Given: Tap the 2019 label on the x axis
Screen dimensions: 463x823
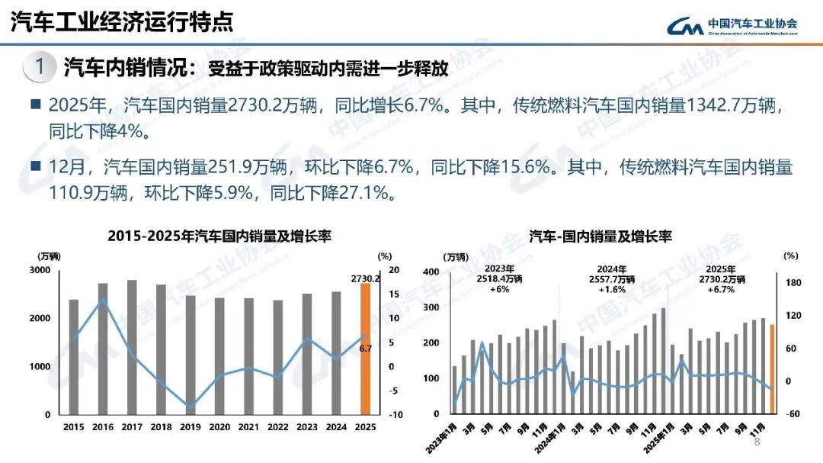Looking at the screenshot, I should coord(191,427).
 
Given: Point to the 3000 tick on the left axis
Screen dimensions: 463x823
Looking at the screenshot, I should coord(40,271).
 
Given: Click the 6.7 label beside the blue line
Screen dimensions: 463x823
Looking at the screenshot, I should coord(365,348).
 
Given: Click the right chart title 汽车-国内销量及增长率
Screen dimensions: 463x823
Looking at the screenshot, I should coord(600,236).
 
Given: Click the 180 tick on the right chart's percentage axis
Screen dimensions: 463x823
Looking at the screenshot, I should coord(793,283).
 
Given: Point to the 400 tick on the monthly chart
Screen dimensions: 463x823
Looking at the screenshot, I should coord(431,272).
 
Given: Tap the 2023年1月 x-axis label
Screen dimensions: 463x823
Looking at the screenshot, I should coord(442,439).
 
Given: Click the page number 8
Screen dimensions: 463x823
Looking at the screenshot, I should coord(757,442).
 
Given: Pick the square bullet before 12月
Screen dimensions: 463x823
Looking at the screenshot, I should coord(35,166).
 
